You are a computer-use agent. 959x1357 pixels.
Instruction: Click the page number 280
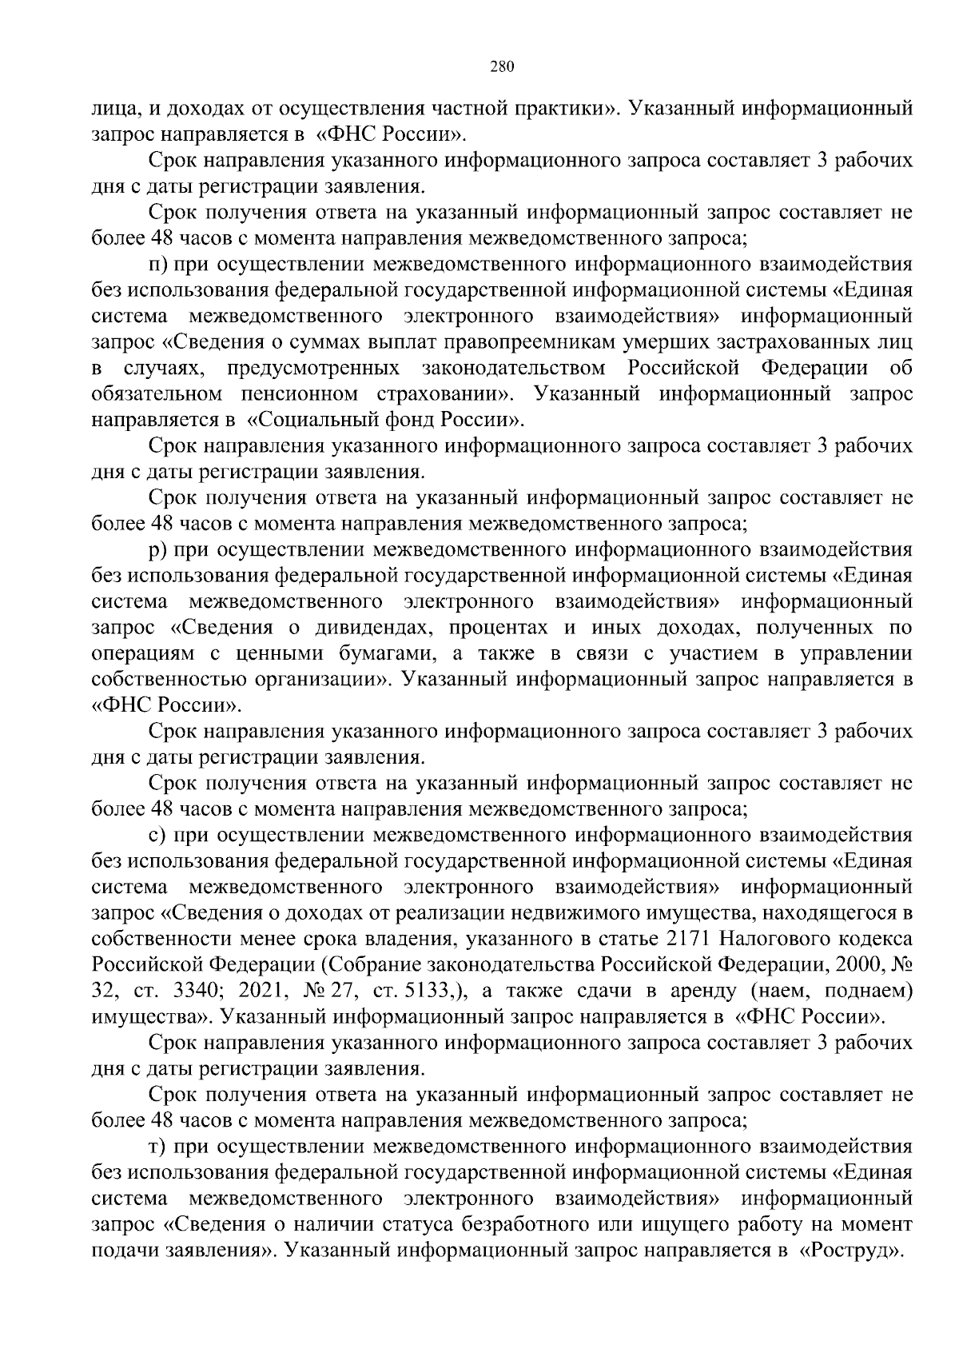tap(501, 67)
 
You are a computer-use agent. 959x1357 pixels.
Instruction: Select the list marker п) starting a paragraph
tap(158, 264)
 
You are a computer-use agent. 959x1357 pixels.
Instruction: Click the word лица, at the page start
tap(113, 108)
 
